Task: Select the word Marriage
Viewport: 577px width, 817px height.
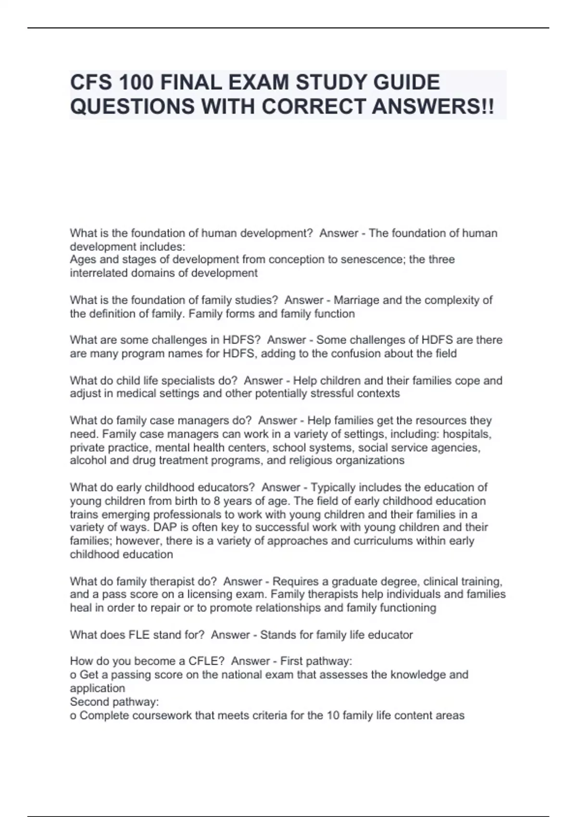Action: (x=356, y=300)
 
